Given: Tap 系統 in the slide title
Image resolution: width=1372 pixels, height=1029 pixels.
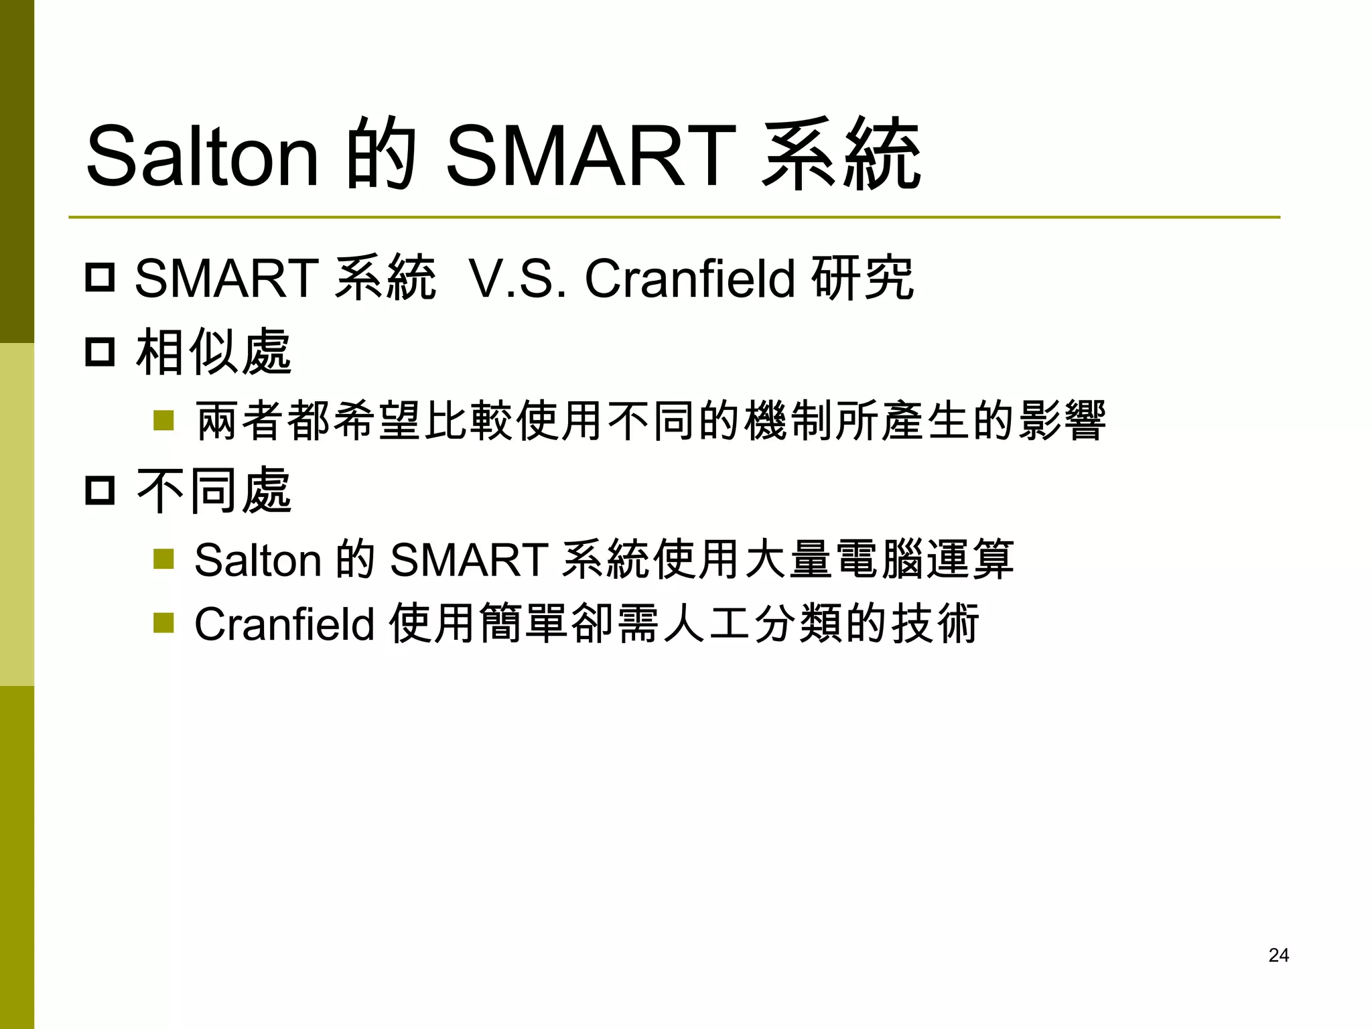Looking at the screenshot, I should pyautogui.click(x=841, y=156).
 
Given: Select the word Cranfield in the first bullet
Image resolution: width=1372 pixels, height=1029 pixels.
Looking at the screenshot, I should pyautogui.click(x=689, y=279).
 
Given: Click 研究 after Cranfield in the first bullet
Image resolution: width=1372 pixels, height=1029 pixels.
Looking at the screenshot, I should pyautogui.click(x=862, y=279).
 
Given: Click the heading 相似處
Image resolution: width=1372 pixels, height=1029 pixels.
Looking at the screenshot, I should pyautogui.click(x=214, y=352).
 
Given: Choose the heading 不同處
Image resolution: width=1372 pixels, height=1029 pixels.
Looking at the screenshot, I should pyautogui.click(x=214, y=491).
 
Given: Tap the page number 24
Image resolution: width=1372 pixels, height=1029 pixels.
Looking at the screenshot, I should pyautogui.click(x=1278, y=955).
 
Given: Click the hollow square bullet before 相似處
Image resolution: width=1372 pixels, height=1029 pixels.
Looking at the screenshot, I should pyautogui.click(x=100, y=352).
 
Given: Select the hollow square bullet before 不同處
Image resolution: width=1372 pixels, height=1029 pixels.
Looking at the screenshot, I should pyautogui.click(x=100, y=491).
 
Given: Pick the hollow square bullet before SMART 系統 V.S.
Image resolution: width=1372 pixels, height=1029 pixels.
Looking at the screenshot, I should pyautogui.click(x=100, y=277).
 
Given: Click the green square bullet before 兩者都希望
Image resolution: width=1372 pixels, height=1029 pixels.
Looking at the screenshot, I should pyautogui.click(x=163, y=421).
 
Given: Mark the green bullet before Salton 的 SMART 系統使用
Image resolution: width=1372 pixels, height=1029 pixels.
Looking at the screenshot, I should pyautogui.click(x=163, y=559).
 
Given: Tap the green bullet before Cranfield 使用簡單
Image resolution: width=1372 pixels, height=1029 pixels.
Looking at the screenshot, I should pyautogui.click(x=163, y=623).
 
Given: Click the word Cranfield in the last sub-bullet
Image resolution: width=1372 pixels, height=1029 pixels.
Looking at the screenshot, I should pyautogui.click(x=284, y=624).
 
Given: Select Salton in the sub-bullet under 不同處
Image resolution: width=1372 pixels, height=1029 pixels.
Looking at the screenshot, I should pyautogui.click(x=257, y=560).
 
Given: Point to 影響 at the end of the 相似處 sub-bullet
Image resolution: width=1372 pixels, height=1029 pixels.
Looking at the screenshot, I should pyautogui.click(x=1061, y=421).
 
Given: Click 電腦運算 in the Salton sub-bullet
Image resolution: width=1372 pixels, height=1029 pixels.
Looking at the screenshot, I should pyautogui.click(x=925, y=560).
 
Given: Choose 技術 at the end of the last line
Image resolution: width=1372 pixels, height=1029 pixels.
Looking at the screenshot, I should pyautogui.click(x=935, y=624).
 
